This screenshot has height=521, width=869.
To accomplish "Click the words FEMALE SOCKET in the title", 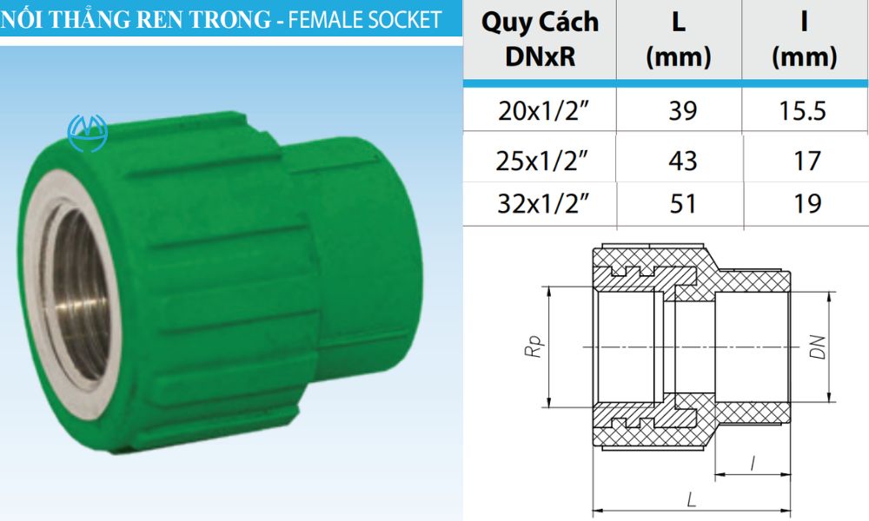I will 365,18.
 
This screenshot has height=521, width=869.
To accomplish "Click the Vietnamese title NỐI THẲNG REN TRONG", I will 135,18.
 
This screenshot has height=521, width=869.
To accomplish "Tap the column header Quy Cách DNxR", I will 540,40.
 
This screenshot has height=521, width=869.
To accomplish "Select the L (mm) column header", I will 679,40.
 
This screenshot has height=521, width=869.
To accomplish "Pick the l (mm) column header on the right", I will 804,40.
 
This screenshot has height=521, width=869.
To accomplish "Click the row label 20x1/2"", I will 540,110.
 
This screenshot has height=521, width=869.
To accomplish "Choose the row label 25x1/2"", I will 540,161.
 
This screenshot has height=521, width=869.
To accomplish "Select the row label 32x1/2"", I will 540,203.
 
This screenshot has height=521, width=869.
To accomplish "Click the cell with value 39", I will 679,110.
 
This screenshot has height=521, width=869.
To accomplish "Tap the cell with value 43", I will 679,161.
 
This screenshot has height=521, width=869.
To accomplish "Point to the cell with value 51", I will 679,203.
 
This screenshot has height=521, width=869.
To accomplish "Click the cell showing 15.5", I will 804,110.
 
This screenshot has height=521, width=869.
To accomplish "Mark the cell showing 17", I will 804,161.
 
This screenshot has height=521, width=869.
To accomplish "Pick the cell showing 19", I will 804,203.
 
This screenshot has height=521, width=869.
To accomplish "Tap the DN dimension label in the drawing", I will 815,347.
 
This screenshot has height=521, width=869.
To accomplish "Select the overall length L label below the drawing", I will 691,499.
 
